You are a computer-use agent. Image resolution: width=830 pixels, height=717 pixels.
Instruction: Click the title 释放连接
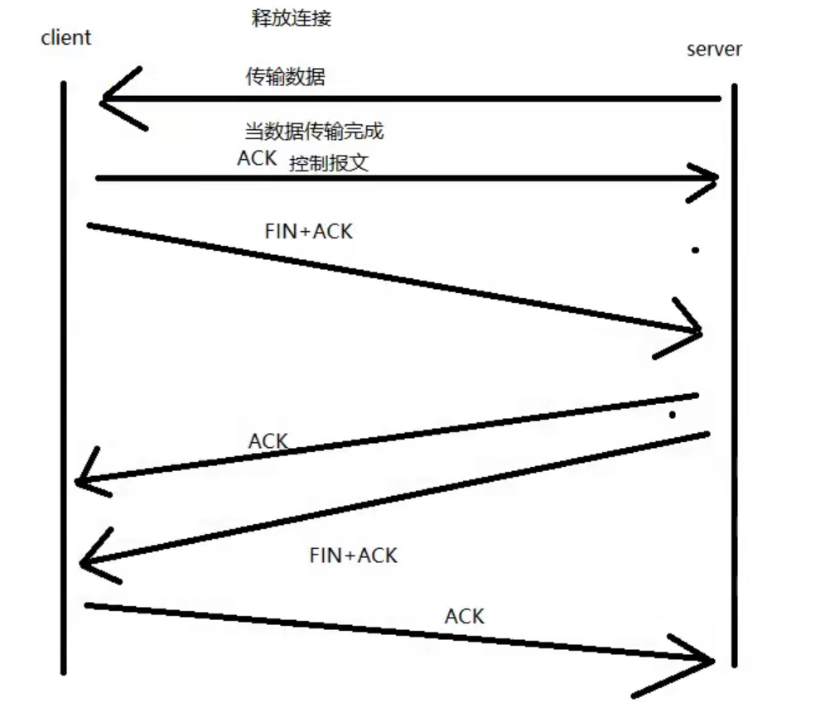click(x=291, y=18)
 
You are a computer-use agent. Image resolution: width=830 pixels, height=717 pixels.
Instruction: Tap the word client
click(x=65, y=37)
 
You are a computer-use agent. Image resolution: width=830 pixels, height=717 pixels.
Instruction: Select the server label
click(x=714, y=49)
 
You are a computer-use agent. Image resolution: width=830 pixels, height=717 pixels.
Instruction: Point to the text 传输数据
click(x=286, y=78)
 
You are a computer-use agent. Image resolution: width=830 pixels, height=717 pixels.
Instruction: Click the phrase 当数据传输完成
click(x=313, y=131)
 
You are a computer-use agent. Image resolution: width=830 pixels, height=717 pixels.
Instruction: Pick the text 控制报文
click(x=329, y=163)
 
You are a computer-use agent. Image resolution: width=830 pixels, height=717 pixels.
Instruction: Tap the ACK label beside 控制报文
click(x=257, y=158)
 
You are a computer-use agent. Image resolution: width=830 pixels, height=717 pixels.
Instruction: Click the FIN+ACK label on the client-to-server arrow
click(x=308, y=232)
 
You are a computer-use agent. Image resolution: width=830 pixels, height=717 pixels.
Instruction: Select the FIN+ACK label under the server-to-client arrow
click(x=353, y=555)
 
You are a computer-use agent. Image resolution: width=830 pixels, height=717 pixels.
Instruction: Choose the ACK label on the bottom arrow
click(x=464, y=616)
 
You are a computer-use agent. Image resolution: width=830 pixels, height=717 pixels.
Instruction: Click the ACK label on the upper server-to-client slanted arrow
click(x=268, y=441)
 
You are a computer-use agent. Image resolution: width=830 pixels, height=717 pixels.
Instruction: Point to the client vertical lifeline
click(x=63, y=373)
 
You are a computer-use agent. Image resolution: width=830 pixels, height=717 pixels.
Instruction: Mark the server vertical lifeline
click(x=735, y=373)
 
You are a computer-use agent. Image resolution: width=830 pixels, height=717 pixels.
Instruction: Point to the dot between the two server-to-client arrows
click(x=672, y=414)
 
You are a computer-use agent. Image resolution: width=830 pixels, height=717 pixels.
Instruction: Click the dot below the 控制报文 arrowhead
click(x=695, y=250)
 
